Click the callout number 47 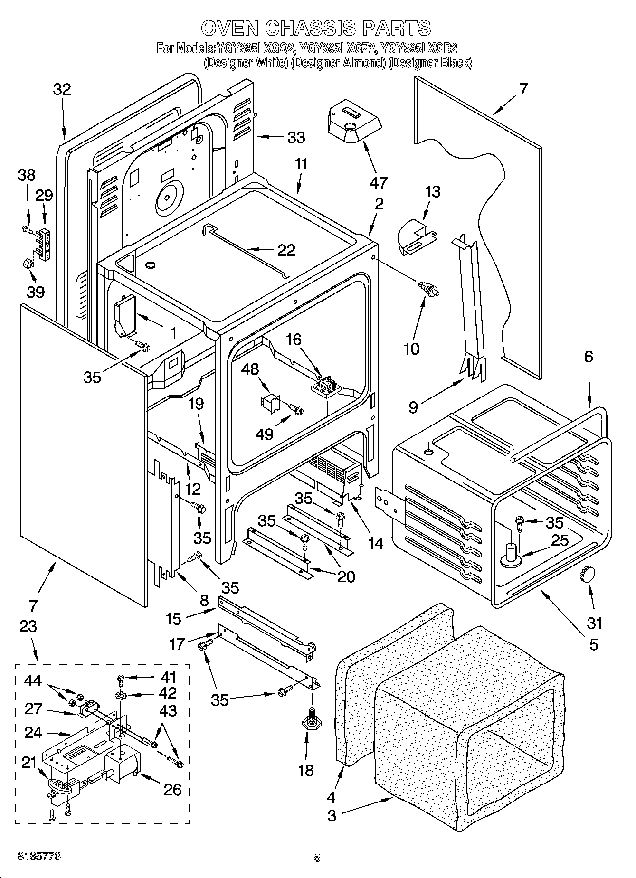379,182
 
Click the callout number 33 295,138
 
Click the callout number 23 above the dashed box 28,626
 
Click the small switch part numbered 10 428,289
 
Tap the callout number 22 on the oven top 286,250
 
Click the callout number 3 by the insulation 332,816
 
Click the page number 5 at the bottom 317,858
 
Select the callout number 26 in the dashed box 172,789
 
